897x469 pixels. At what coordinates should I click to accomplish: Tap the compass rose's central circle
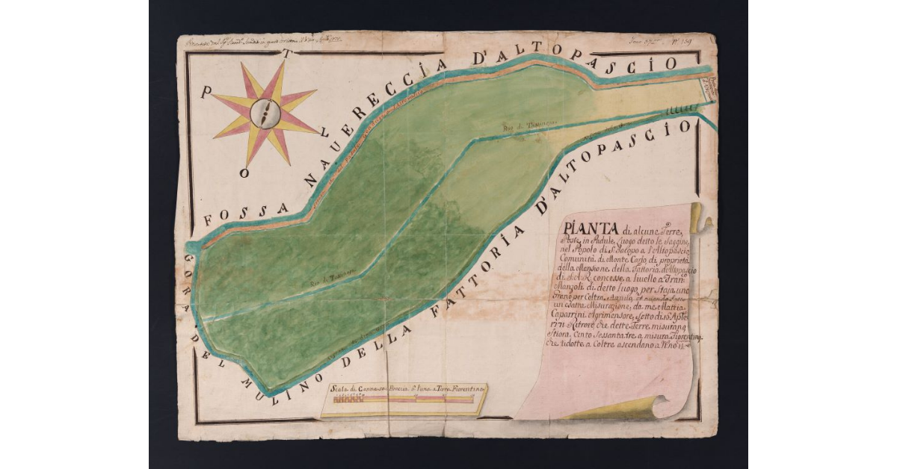tap(265, 114)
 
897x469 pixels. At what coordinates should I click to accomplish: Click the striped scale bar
tap(403, 400)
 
